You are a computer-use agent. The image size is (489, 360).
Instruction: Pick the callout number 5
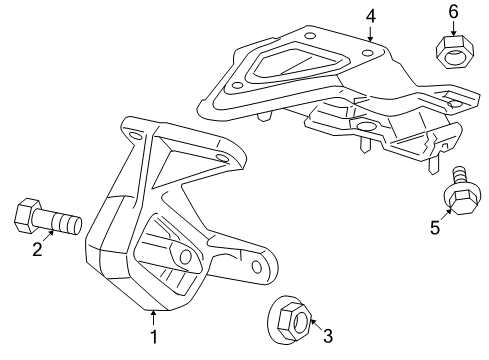(435, 228)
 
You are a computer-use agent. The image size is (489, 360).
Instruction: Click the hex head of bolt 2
(27, 216)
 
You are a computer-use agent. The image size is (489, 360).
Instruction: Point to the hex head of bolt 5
(462, 199)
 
